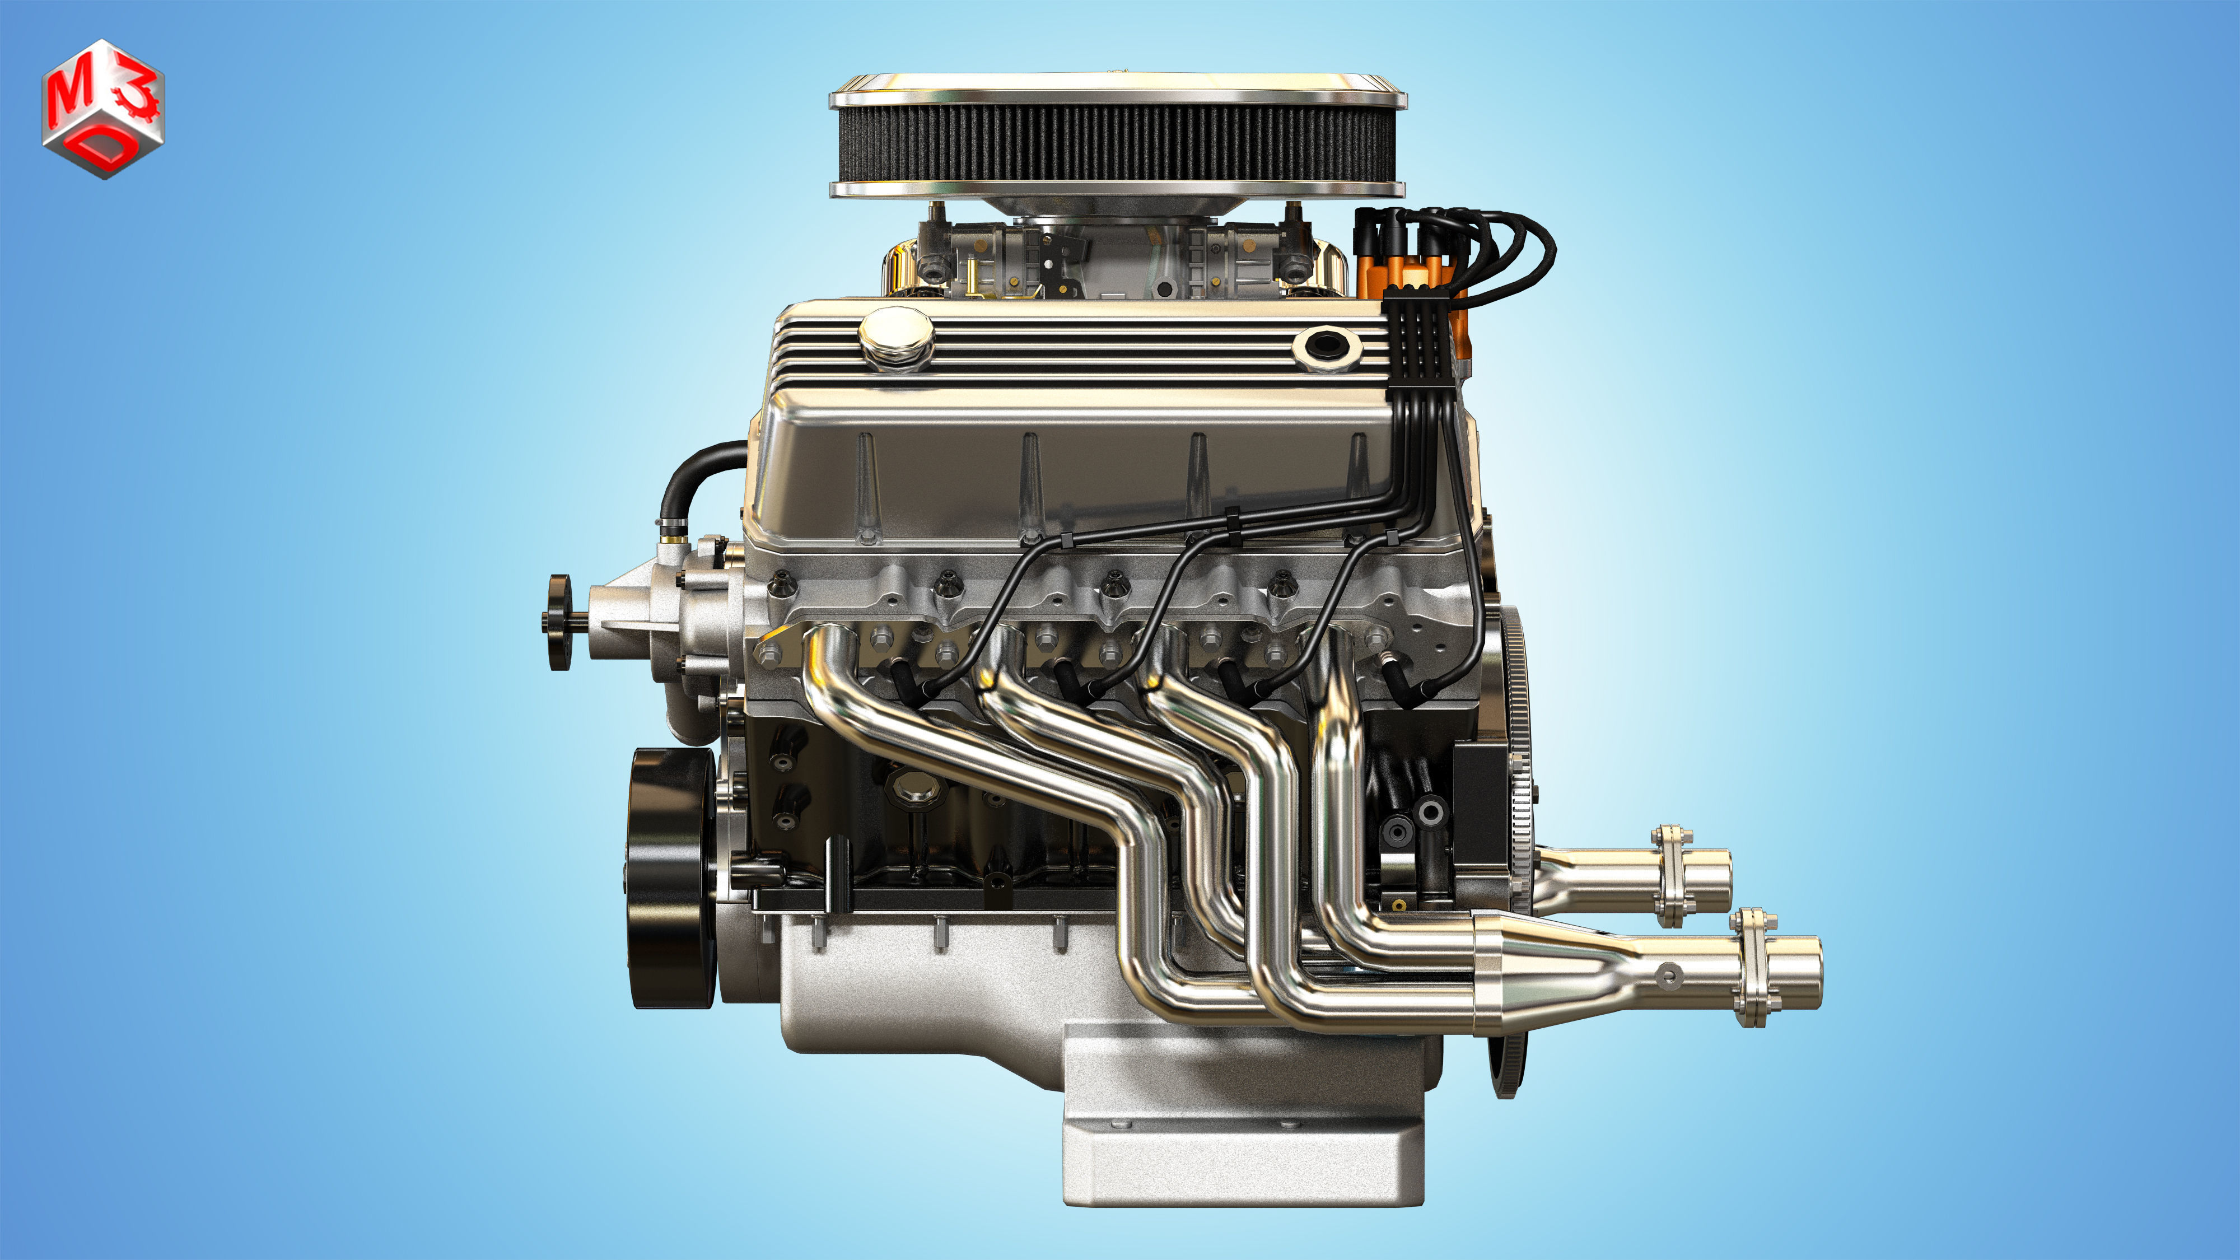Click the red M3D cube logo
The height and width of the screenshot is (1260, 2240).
[102, 109]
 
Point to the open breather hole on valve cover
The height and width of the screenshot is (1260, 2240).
[1325, 345]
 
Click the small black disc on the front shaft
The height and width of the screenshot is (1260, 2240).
[558, 622]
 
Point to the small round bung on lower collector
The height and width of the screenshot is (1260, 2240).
[1668, 975]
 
